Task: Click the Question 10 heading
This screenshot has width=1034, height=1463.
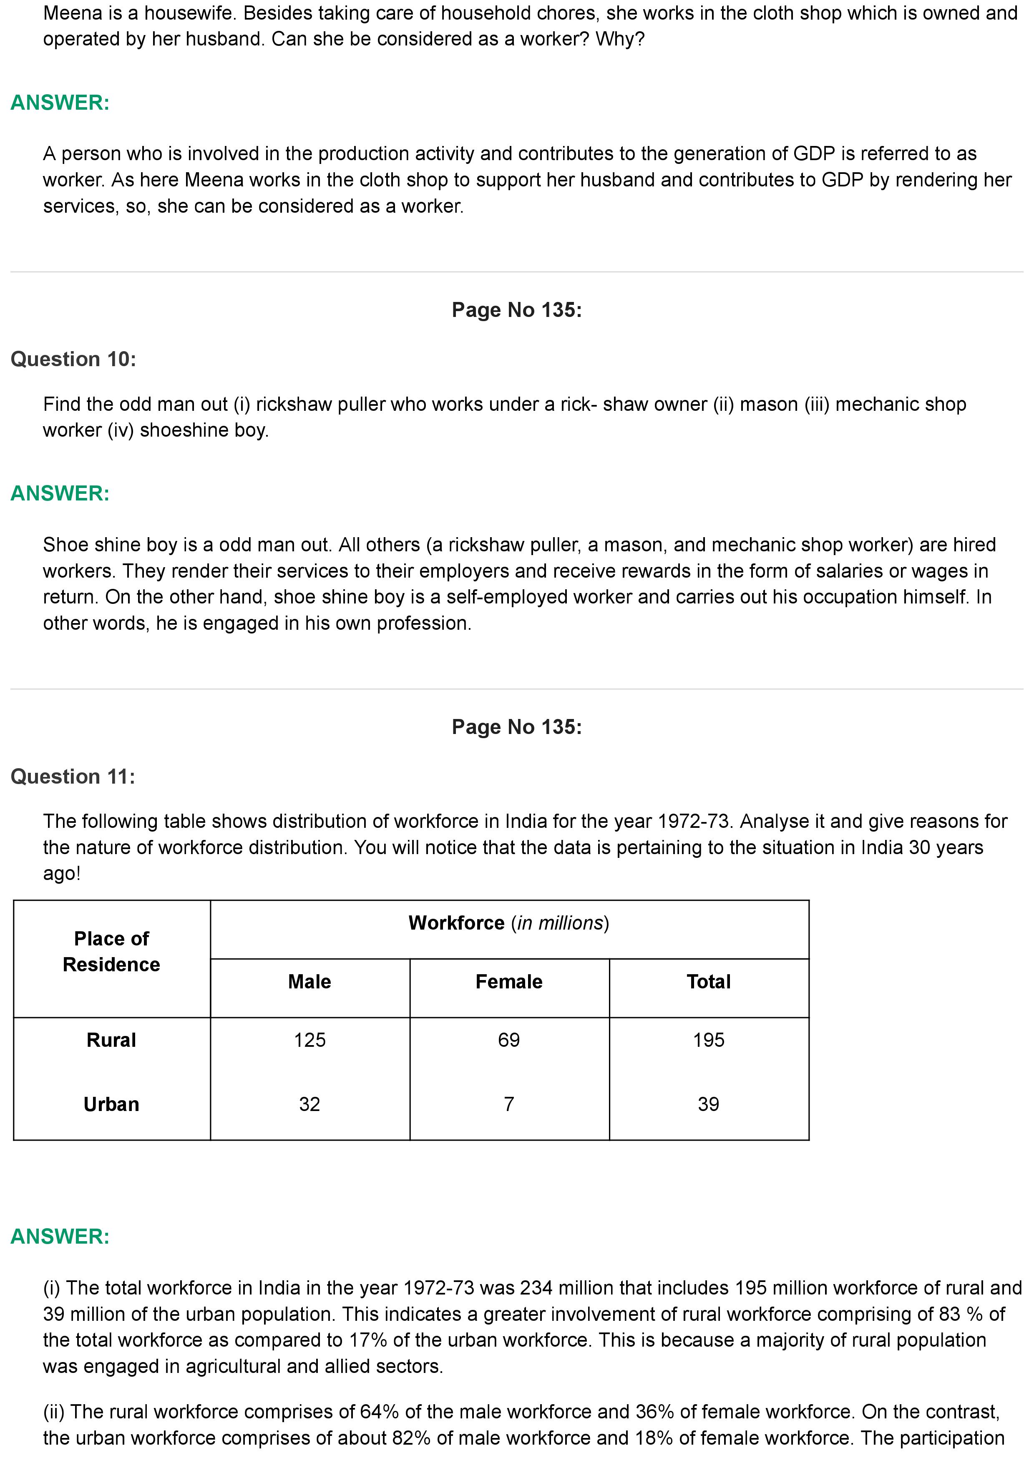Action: click(73, 359)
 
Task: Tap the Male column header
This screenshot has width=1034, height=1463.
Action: click(309, 981)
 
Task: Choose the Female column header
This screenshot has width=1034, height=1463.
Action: click(509, 981)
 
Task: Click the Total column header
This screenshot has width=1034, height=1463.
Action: click(708, 981)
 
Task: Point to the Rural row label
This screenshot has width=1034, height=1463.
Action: click(111, 1040)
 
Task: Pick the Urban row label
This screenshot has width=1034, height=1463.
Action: click(111, 1104)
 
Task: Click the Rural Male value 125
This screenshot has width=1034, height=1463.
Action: click(309, 1040)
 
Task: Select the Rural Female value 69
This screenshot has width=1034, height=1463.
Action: click(509, 1040)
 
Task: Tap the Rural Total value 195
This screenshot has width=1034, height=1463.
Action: click(708, 1040)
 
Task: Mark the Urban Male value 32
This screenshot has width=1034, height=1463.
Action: click(309, 1104)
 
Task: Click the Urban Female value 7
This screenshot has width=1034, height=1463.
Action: click(509, 1104)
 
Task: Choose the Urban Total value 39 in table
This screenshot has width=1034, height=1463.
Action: click(708, 1104)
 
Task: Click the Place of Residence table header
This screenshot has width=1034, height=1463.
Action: click(111, 951)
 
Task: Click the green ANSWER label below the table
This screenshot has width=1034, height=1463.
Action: click(60, 1236)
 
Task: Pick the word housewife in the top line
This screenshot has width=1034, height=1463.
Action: click(184, 13)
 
